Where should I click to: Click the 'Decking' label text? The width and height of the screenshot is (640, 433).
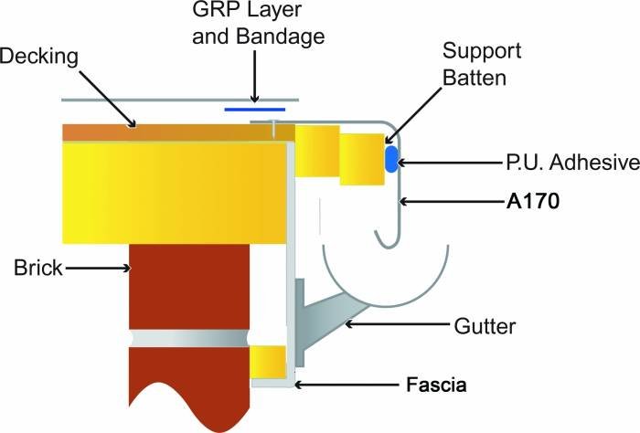[x=39, y=57]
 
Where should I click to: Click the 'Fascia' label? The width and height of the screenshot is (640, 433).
[x=436, y=385]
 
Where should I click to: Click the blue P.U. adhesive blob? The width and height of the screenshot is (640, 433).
[x=392, y=158]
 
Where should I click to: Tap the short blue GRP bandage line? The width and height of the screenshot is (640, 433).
[x=255, y=108]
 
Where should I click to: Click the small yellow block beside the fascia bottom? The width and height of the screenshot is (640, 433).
[x=268, y=362]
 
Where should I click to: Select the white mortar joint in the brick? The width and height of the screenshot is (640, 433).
[x=190, y=337]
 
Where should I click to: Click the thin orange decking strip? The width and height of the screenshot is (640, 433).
[x=165, y=132]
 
